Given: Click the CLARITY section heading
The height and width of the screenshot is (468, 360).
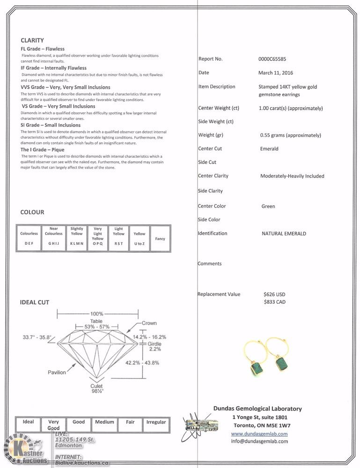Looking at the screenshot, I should point(32,40).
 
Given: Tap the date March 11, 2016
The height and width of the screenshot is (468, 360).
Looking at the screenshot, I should point(275,73).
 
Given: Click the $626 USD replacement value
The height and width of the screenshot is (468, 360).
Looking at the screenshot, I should point(274,295).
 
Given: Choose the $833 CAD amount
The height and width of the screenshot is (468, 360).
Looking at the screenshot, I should point(274,302).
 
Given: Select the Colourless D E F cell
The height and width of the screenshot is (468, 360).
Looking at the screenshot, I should point(29,238).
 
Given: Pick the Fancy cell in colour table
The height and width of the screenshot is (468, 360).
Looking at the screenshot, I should point(160,239).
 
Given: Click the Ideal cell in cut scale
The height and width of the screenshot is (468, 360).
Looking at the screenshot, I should point(28,422).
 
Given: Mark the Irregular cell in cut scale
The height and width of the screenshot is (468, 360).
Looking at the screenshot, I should point(156,422).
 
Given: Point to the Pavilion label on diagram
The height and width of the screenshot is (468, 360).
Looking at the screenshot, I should point(57,373).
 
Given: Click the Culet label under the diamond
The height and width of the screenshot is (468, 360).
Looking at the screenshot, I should point(96,386).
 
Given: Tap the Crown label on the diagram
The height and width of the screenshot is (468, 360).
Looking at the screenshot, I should point(149,323).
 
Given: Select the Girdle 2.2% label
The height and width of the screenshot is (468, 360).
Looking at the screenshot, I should point(154,346).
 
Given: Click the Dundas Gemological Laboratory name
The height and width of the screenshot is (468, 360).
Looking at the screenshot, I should point(257,409).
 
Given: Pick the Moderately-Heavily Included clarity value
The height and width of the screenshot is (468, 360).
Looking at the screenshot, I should point(292,176).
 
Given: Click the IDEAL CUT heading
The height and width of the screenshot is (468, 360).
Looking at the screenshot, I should point(34,302).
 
